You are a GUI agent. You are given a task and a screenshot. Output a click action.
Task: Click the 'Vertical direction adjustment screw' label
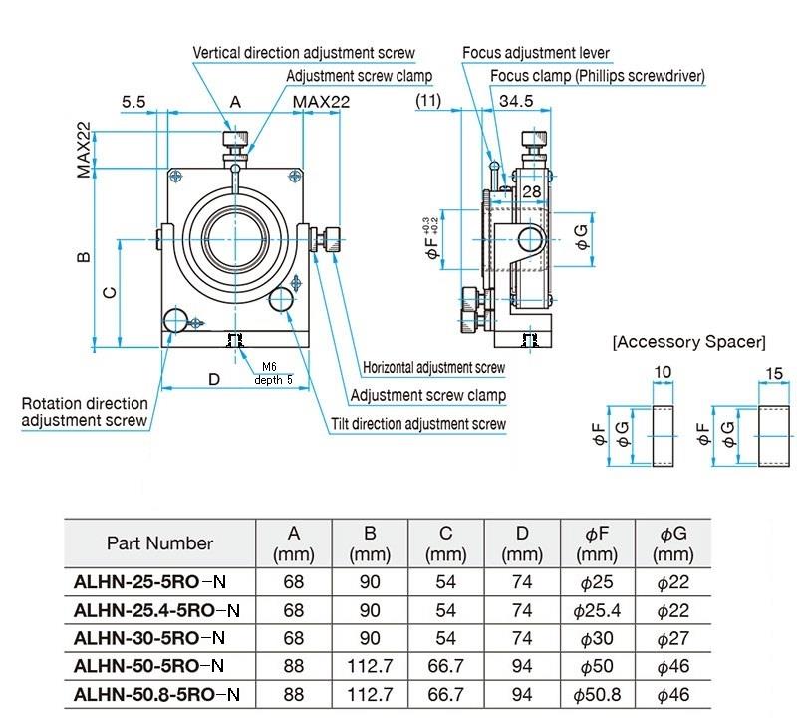pyautogui.click(x=303, y=52)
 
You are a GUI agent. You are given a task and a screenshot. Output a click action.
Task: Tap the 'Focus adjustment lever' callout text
pyautogui.click(x=535, y=52)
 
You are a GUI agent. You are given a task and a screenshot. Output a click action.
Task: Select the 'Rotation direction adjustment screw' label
pyautogui.click(x=85, y=412)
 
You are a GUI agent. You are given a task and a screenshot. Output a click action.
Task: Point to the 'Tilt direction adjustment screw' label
pyautogui.click(x=418, y=424)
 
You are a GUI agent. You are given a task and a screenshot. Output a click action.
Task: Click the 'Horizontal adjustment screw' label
pyautogui.click(x=433, y=368)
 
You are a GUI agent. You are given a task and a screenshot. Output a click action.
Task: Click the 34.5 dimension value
pyautogui.click(x=516, y=101)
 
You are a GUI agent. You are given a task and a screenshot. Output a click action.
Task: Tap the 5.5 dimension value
pyautogui.click(x=134, y=101)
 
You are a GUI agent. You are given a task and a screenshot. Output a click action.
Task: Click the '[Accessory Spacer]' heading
pyautogui.click(x=688, y=342)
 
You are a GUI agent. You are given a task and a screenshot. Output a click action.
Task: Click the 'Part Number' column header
pyautogui.click(x=159, y=543)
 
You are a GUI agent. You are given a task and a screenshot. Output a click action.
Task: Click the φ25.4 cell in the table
pyautogui.click(x=597, y=609)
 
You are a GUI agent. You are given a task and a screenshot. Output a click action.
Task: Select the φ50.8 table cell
pyautogui.click(x=597, y=693)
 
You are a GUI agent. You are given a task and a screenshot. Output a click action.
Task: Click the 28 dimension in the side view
pyautogui.click(x=531, y=190)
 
